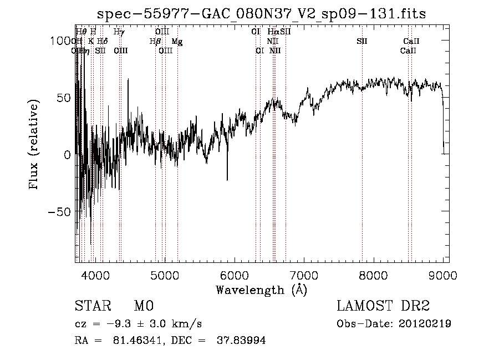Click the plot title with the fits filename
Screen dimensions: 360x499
pos(262,13)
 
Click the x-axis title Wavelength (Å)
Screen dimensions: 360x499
pos(261,290)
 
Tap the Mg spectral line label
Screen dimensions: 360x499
pos(176,41)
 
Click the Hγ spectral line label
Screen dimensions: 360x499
pos(119,32)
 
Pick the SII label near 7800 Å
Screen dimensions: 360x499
pos(362,41)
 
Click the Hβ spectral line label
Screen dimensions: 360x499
pos(155,41)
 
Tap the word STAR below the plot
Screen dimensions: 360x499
pos(91,306)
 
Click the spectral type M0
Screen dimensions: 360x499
pos(143,306)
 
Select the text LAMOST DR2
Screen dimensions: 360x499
pos(383,306)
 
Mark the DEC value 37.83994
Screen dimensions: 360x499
pos(242,341)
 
